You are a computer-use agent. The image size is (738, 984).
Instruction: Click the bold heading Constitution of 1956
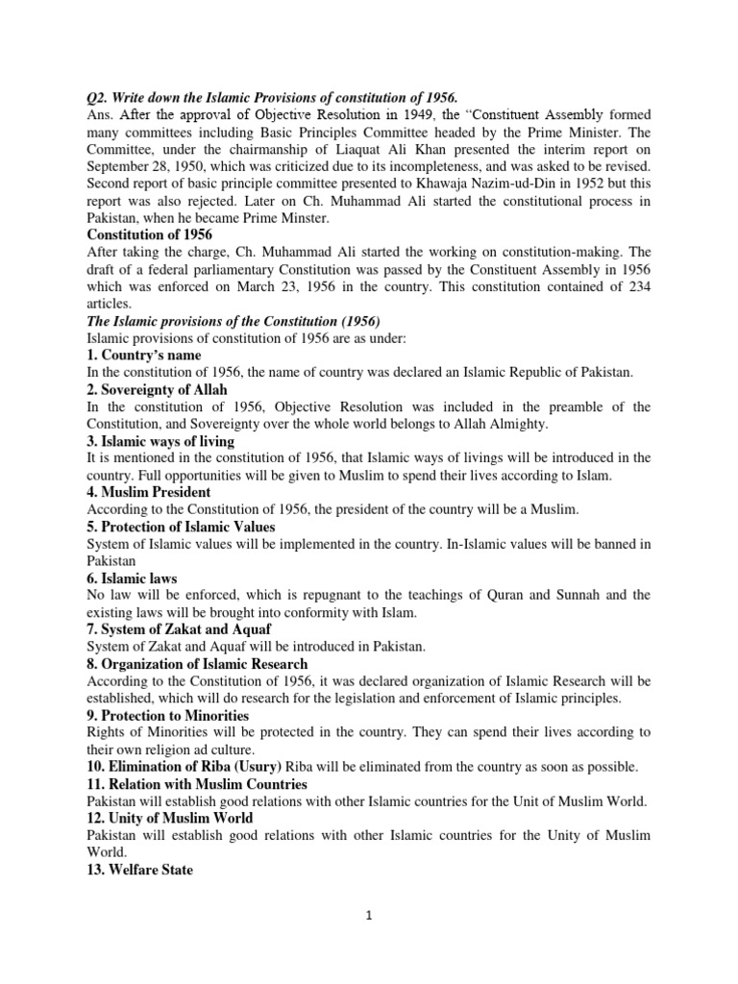tap(150, 234)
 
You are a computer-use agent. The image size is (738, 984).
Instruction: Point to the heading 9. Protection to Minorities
tap(168, 715)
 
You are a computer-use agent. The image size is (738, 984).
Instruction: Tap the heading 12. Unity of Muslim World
tap(170, 818)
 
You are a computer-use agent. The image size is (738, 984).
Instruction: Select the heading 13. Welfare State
tap(140, 870)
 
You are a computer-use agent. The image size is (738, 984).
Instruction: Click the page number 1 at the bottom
tap(368, 916)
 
